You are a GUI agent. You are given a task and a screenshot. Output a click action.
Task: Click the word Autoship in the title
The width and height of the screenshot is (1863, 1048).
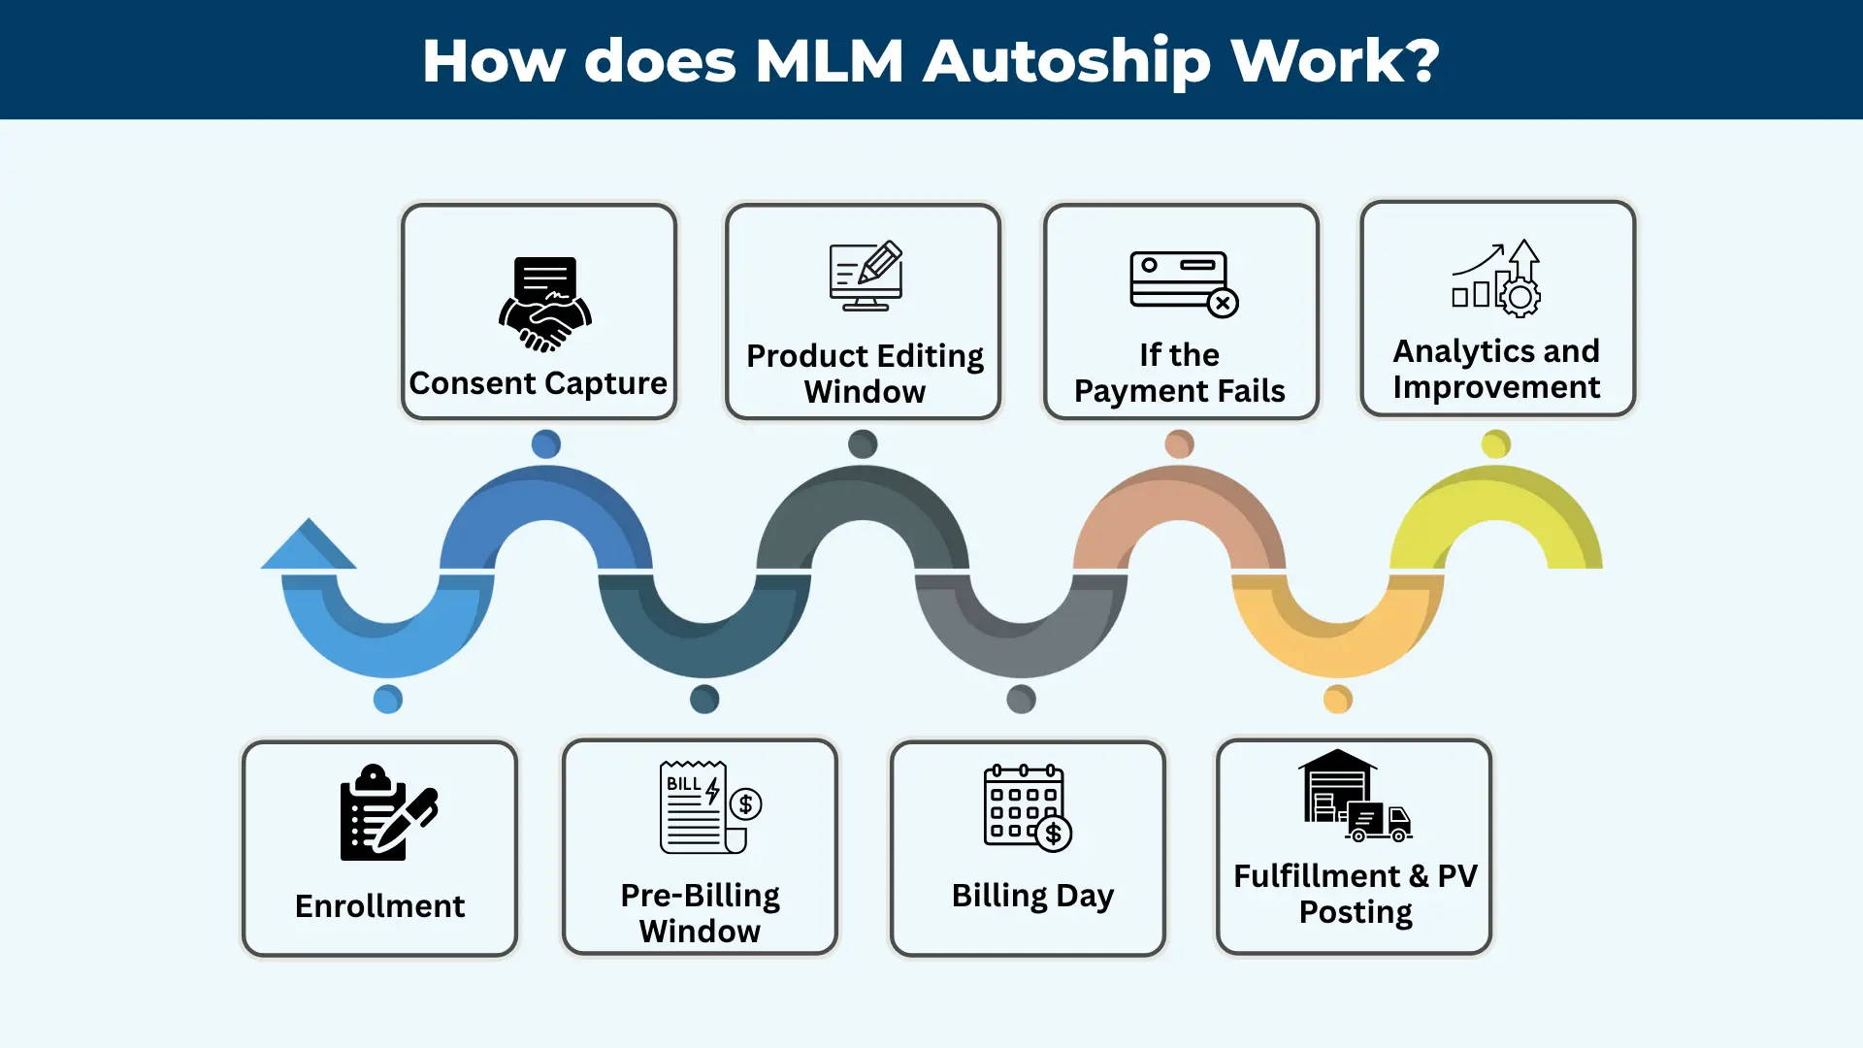tap(1066, 61)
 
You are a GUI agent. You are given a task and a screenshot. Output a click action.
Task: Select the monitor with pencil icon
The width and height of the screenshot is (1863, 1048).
tap(866, 277)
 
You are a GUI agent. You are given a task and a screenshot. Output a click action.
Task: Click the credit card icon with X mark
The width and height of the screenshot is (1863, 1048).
tap(1183, 283)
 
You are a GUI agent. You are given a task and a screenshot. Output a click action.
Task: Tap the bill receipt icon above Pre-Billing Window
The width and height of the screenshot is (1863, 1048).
tap(709, 807)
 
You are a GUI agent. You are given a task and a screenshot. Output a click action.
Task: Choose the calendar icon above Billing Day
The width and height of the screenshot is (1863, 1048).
tap(1028, 808)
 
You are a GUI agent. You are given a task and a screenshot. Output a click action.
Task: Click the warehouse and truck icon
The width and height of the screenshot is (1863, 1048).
tap(1354, 796)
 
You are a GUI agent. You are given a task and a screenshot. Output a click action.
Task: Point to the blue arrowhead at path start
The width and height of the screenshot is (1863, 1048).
tap(309, 546)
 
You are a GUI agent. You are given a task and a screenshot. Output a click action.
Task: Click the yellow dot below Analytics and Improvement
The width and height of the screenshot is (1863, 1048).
tap(1495, 444)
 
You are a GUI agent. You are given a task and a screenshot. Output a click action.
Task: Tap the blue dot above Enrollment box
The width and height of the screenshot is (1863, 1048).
tap(388, 699)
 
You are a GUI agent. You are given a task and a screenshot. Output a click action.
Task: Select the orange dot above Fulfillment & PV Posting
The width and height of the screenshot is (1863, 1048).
tap(1337, 699)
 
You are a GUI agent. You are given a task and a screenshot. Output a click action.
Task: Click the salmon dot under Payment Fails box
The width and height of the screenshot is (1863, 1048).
tap(1179, 444)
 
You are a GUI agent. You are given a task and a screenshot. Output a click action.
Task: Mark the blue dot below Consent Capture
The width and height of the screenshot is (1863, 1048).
tap(546, 444)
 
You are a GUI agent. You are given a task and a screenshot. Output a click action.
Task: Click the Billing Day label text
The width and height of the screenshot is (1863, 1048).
tap(1032, 895)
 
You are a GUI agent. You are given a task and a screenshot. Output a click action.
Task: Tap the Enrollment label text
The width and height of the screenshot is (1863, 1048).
tap(379, 905)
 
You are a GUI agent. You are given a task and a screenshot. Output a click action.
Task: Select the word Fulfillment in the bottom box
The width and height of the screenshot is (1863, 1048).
tap(1317, 875)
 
